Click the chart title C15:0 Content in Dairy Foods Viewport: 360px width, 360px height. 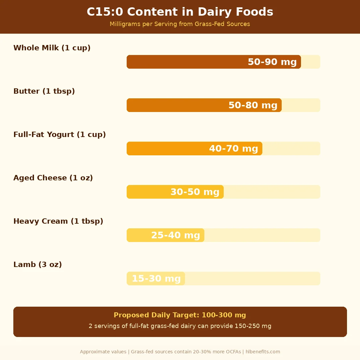click(180, 12)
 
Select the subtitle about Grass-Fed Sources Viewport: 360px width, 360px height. click(180, 24)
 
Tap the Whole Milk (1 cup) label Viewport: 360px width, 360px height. click(52, 48)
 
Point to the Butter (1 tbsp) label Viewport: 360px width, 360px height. click(44, 91)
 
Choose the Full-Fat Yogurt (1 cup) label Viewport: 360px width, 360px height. click(60, 134)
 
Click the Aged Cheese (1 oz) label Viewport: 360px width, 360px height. click(53, 178)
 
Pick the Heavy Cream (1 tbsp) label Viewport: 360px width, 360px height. click(58, 221)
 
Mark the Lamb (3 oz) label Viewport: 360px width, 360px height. click(38, 264)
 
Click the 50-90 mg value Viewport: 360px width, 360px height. click(272, 62)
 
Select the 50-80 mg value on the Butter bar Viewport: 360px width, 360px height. click(253, 105)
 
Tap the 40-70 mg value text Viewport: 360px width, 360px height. click(233, 149)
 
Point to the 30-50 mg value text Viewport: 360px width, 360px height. click(195, 192)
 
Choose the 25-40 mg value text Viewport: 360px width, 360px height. click(175, 235)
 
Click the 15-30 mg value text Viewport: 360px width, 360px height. click(156, 279)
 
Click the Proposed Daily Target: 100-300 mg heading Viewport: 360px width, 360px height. click(180, 315)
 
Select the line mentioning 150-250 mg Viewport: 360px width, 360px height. click(180, 326)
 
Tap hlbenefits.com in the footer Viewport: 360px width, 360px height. click(263, 352)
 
